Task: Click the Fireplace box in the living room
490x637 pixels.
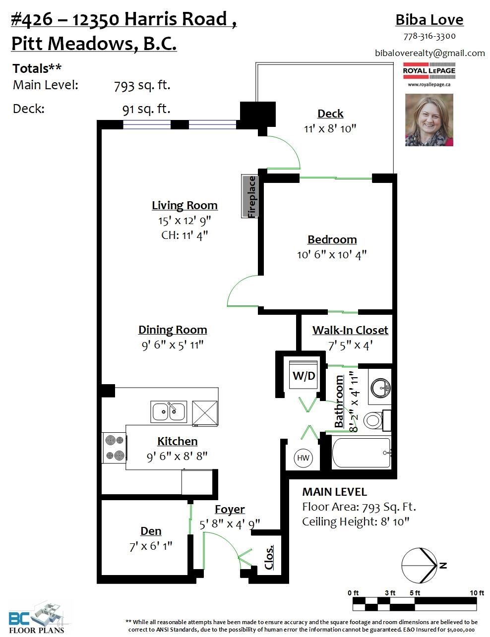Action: pos(250,196)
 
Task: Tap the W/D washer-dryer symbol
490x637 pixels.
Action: pos(304,375)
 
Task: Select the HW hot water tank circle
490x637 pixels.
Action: pos(303,458)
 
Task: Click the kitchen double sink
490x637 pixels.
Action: pos(169,411)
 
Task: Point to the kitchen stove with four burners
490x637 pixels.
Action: pos(115,448)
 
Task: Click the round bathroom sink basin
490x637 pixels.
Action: pos(381,388)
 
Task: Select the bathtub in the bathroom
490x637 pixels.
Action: pos(362,453)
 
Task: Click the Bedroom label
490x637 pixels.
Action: pos(332,239)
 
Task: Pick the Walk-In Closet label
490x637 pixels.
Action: pos(350,330)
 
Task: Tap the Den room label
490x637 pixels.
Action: pos(151,531)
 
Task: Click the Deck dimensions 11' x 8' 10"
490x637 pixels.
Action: pos(330,128)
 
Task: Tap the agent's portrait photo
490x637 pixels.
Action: pos(429,120)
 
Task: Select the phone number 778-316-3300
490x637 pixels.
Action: pos(429,36)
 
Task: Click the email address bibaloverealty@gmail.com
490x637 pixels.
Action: pos(430,53)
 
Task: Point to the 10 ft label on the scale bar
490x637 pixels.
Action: pos(477,592)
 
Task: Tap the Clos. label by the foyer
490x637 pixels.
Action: pos(269,557)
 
